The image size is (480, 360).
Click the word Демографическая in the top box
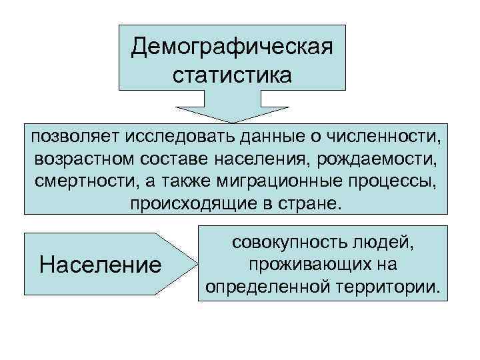[x=232, y=47]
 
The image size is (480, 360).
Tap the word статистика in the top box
[x=232, y=73]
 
